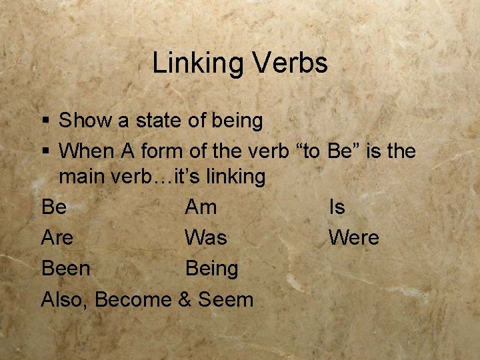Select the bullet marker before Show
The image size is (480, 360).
[45, 121]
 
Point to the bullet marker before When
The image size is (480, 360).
[45, 152]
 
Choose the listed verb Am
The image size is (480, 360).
[201, 207]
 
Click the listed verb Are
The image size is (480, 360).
[57, 238]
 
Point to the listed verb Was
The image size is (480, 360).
[205, 238]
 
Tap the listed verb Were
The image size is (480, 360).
[353, 238]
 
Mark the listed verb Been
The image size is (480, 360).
[65, 269]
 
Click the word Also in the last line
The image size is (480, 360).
[64, 300]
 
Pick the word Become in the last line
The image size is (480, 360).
[133, 300]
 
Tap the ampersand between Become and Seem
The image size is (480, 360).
[185, 300]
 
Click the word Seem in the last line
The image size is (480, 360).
[225, 300]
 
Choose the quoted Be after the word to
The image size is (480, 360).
[340, 151]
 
